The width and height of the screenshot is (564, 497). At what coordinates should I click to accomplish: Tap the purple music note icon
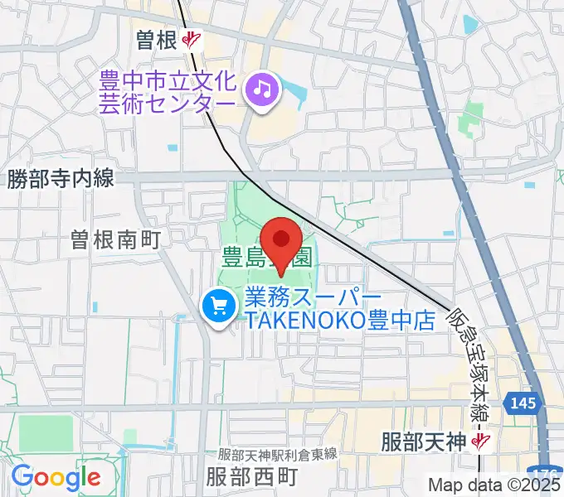tap(262, 87)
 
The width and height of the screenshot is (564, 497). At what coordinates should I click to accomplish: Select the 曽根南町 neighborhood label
tap(114, 239)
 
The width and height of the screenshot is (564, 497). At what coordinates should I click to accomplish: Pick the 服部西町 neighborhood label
tap(251, 477)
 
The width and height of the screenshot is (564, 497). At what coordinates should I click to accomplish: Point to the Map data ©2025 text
tap(494, 485)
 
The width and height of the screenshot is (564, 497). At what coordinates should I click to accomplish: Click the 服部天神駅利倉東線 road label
tap(277, 453)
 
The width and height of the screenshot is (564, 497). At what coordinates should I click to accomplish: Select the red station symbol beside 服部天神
tap(479, 441)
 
